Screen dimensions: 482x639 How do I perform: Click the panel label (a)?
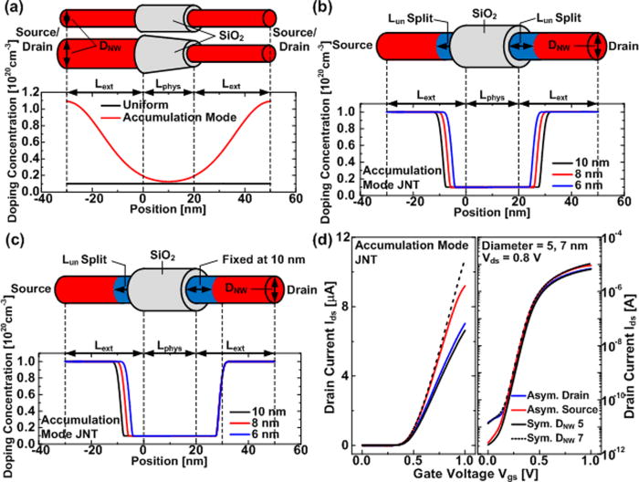pyautogui.click(x=16, y=11)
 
